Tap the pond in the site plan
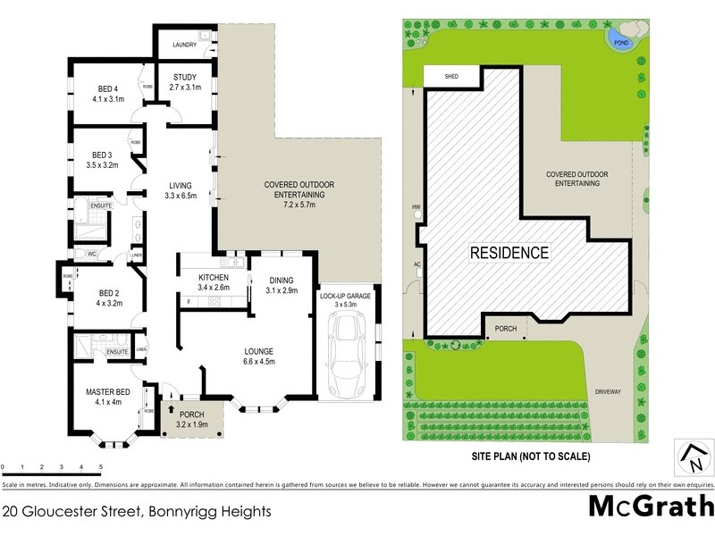(617, 38)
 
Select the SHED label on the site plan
(450, 77)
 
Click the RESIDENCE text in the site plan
(509, 253)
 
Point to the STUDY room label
(185, 78)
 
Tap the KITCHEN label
(214, 278)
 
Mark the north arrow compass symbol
(692, 457)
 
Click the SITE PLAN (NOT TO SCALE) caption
(531, 456)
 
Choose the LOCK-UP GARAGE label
(345, 295)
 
